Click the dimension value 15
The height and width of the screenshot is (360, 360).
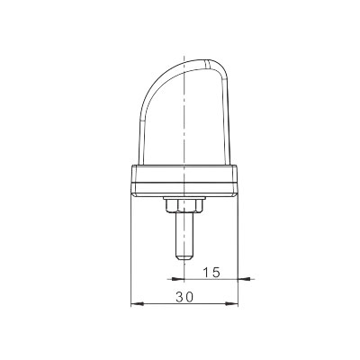pyautogui.click(x=211, y=271)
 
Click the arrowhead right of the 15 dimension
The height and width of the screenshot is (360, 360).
pyautogui.click(x=237, y=279)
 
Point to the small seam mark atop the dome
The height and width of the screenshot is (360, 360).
pyautogui.click(x=210, y=64)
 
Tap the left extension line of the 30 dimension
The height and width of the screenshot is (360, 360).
pyautogui.click(x=131, y=252)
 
